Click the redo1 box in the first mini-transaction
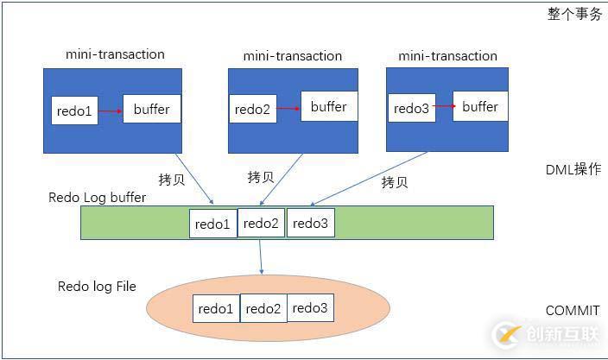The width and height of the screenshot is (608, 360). click(x=75, y=110)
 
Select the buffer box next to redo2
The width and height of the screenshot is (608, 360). click(x=328, y=106)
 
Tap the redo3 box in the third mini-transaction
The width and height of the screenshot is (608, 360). click(x=411, y=108)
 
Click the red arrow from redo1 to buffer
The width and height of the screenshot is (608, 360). click(x=111, y=110)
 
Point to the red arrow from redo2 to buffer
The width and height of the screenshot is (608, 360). click(x=289, y=108)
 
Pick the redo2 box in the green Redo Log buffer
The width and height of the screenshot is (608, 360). click(x=261, y=223)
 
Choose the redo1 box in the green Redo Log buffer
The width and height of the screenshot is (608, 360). click(x=212, y=224)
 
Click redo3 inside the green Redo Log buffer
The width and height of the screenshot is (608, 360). click(x=310, y=223)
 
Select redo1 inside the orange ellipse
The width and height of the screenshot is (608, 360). click(x=216, y=308)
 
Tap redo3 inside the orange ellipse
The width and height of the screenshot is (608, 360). click(x=310, y=307)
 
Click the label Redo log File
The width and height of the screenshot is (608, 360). click(x=97, y=286)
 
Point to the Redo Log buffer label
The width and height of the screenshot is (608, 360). click(x=97, y=198)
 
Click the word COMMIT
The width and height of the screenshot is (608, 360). click(x=572, y=311)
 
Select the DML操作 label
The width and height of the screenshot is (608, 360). click(x=573, y=169)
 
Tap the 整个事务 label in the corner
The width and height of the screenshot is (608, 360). click(x=574, y=15)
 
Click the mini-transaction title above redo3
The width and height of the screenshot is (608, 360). click(x=447, y=56)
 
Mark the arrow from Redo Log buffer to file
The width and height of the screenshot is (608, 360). click(x=260, y=256)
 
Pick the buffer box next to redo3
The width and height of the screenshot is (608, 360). click(x=480, y=106)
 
